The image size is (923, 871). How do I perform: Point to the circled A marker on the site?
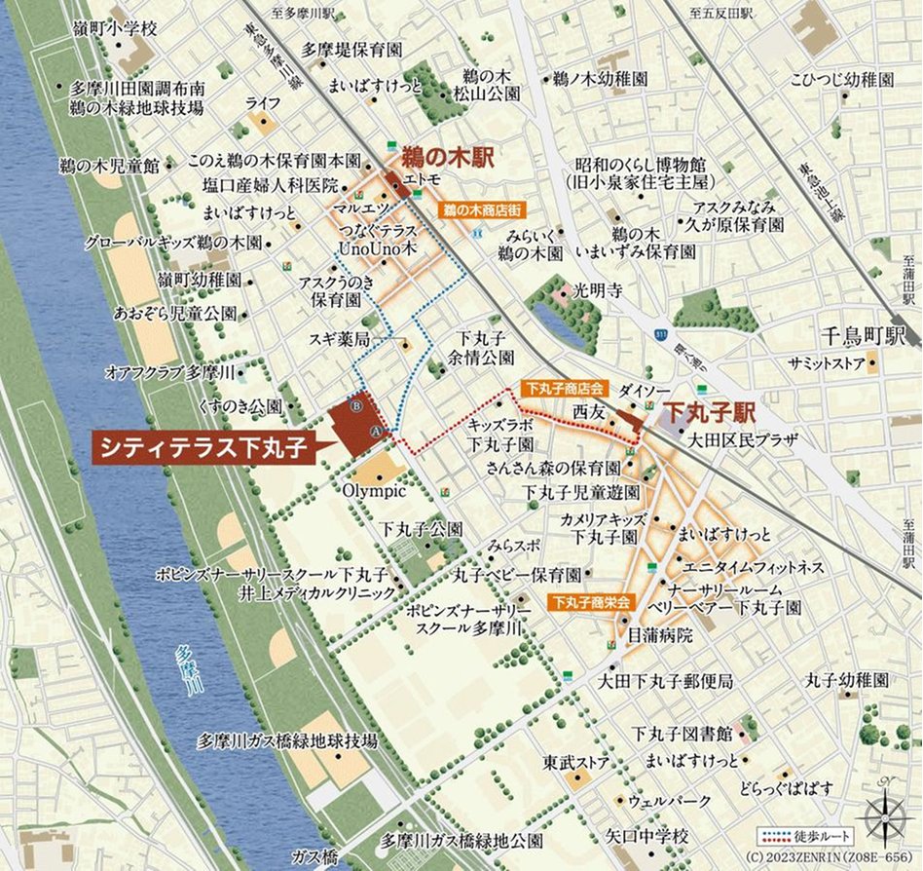(375, 429)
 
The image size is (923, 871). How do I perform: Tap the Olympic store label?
(374, 491)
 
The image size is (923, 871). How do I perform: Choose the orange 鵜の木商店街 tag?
(485, 209)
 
